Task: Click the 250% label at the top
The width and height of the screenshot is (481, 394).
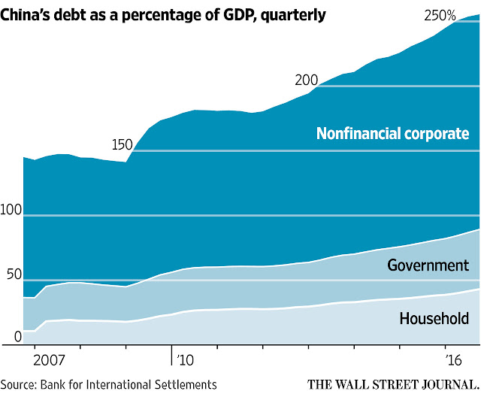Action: point(440,15)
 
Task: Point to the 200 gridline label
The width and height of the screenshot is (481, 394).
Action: point(306,80)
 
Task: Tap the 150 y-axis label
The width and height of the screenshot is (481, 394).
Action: point(122,144)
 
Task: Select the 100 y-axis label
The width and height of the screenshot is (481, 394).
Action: point(11,210)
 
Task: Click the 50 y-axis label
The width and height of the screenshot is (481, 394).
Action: point(14,274)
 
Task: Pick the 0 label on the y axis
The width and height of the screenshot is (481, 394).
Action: point(18,337)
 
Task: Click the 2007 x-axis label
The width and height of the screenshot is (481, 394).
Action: point(49,359)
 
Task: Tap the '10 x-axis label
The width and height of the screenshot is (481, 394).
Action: point(185,359)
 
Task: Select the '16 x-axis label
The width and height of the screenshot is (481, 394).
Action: point(453,359)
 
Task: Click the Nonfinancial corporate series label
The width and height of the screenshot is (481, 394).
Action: point(392,134)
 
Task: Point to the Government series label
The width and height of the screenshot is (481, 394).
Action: point(428,265)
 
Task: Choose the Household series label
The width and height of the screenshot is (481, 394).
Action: point(434,318)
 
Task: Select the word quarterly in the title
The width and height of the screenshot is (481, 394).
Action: point(293,16)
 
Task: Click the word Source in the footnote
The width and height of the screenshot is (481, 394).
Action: point(19,385)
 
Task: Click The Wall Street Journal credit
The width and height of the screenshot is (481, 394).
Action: point(394,385)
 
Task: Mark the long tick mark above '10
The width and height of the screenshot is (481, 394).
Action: point(171,356)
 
